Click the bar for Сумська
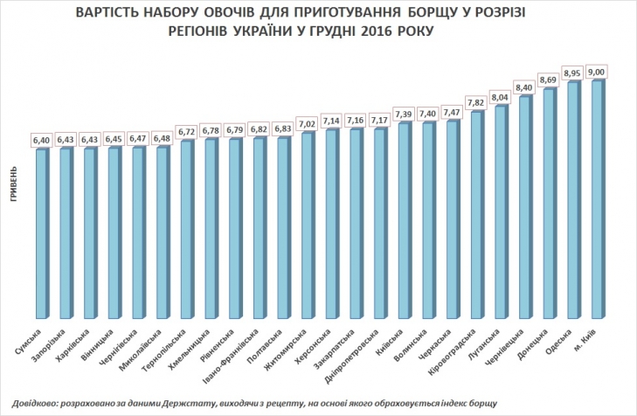click(42, 236)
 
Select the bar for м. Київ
click(597, 201)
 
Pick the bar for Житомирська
click(308, 227)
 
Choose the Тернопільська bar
click(187, 232)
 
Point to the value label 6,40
click(42, 140)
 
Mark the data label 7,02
click(308, 123)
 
